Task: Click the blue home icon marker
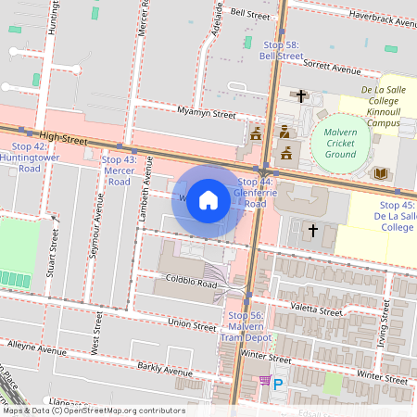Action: click(x=208, y=200)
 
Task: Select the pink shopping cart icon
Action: click(x=264, y=381)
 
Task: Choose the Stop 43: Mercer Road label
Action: click(x=118, y=171)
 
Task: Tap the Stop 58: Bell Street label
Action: click(x=281, y=50)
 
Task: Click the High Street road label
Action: click(x=63, y=138)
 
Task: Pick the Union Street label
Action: click(x=193, y=323)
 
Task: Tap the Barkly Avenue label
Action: click(x=158, y=371)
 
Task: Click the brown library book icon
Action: click(x=379, y=173)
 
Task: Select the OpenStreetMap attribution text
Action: click(x=93, y=411)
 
